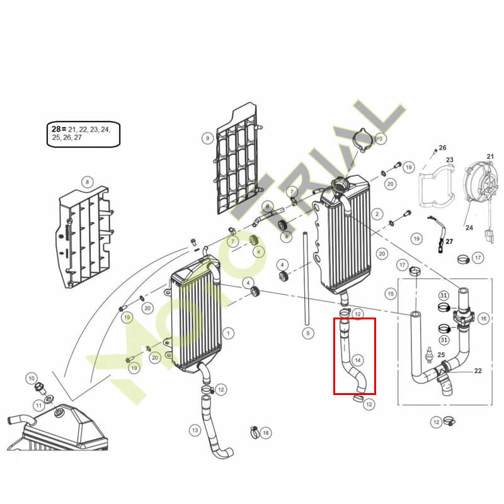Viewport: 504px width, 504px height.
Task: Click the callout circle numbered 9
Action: tap(208, 139)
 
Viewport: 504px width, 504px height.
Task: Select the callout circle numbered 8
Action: tap(88, 182)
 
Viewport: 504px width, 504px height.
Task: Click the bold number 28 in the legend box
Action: tap(56, 129)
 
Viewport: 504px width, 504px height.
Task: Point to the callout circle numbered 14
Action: tap(358, 360)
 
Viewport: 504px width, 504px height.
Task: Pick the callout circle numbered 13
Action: tap(195, 430)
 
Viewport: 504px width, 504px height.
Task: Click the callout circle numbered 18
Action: tap(266, 433)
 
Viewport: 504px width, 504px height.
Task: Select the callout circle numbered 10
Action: tap(31, 379)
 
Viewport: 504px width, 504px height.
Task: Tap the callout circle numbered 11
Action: tap(39, 405)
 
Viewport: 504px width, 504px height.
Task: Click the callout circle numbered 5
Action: tap(308, 333)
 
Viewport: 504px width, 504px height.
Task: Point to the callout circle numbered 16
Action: tap(483, 319)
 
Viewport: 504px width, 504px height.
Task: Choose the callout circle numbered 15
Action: tap(391, 294)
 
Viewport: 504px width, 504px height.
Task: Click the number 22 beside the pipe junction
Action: tap(478, 370)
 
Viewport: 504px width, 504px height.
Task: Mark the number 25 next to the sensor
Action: tap(441, 355)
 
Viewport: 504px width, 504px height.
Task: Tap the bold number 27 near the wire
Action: tap(449, 241)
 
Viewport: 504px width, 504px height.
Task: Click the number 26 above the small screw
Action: tap(443, 148)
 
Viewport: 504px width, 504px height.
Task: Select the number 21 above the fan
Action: tap(490, 156)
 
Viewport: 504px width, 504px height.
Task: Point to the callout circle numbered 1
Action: tap(228, 333)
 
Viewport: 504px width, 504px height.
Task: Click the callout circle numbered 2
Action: tap(377, 214)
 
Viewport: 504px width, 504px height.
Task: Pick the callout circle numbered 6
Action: tap(267, 207)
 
